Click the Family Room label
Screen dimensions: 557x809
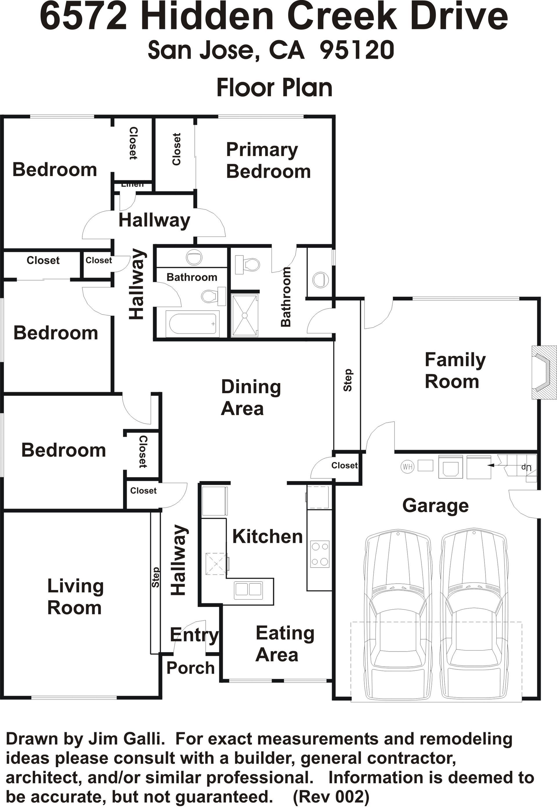click(x=455, y=371)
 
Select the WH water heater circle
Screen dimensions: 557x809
click(x=407, y=467)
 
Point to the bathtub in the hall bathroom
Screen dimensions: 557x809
click(x=193, y=323)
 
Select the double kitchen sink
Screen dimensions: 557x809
click(x=248, y=589)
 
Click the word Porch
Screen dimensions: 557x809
click(x=190, y=668)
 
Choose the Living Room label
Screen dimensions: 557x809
click(x=75, y=597)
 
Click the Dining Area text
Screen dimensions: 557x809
click(x=251, y=398)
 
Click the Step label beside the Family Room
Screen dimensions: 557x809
click(x=348, y=380)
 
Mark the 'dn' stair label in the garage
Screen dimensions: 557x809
click(x=526, y=467)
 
